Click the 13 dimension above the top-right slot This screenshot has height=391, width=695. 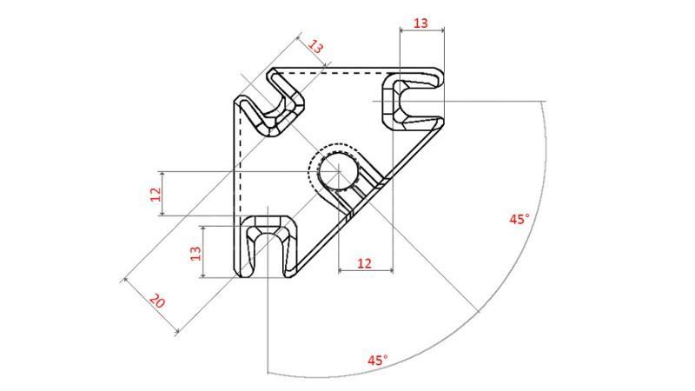(420, 23)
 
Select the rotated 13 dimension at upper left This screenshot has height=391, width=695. (316, 47)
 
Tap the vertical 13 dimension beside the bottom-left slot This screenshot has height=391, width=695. (195, 253)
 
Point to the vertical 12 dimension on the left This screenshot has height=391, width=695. (156, 194)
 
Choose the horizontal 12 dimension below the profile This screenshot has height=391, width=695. (364, 262)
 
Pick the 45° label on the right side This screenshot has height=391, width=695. (519, 220)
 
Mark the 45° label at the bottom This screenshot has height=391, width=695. (377, 359)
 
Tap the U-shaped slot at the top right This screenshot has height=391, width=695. (412, 101)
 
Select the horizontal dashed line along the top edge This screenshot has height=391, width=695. (339, 75)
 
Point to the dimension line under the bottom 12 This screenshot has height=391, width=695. (364, 272)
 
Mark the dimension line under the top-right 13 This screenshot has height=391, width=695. (420, 31)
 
